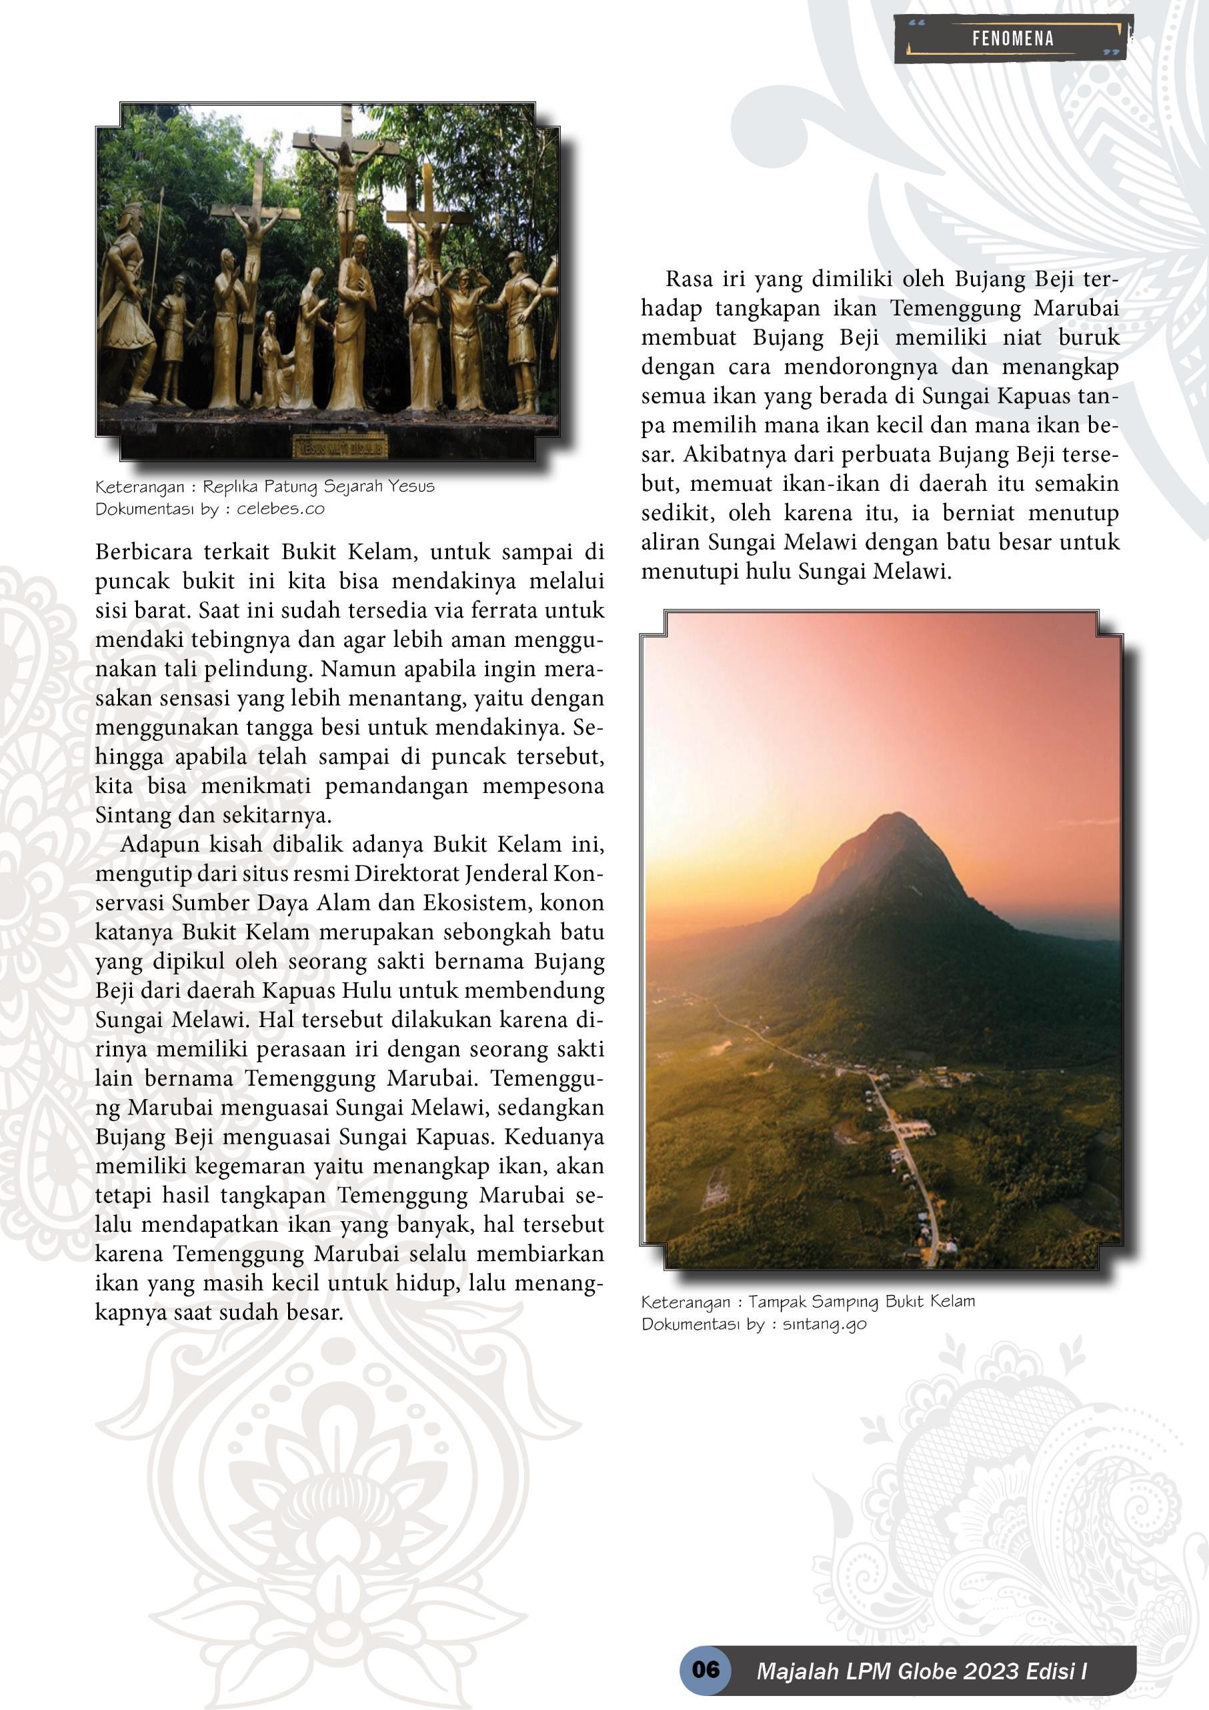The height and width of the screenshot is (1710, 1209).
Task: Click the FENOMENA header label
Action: coord(1012,39)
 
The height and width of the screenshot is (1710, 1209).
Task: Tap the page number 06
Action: coord(706,1668)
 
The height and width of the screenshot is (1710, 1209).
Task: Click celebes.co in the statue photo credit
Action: coord(281,510)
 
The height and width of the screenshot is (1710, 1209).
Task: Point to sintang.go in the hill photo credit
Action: coord(825,1325)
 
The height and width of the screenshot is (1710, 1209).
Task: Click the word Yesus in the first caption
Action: coord(405,487)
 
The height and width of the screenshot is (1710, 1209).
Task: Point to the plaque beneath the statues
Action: coord(339,448)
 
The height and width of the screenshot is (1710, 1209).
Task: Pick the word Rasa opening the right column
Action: coord(690,279)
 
